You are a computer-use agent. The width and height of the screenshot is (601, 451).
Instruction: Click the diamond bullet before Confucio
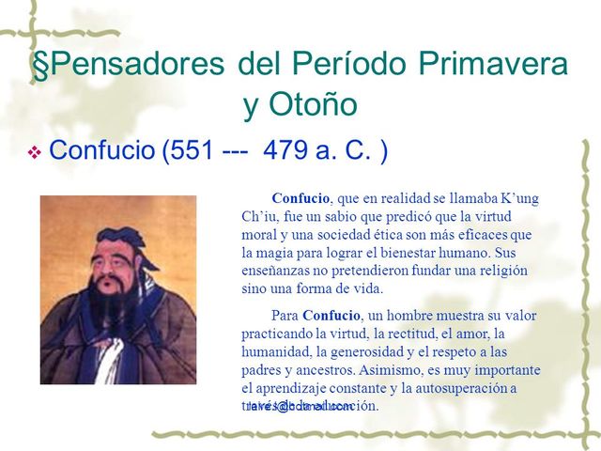[x=34, y=152]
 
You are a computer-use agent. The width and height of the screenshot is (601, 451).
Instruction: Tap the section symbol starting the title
[x=40, y=65]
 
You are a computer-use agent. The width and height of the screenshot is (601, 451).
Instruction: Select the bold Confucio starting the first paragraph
[x=300, y=198]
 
